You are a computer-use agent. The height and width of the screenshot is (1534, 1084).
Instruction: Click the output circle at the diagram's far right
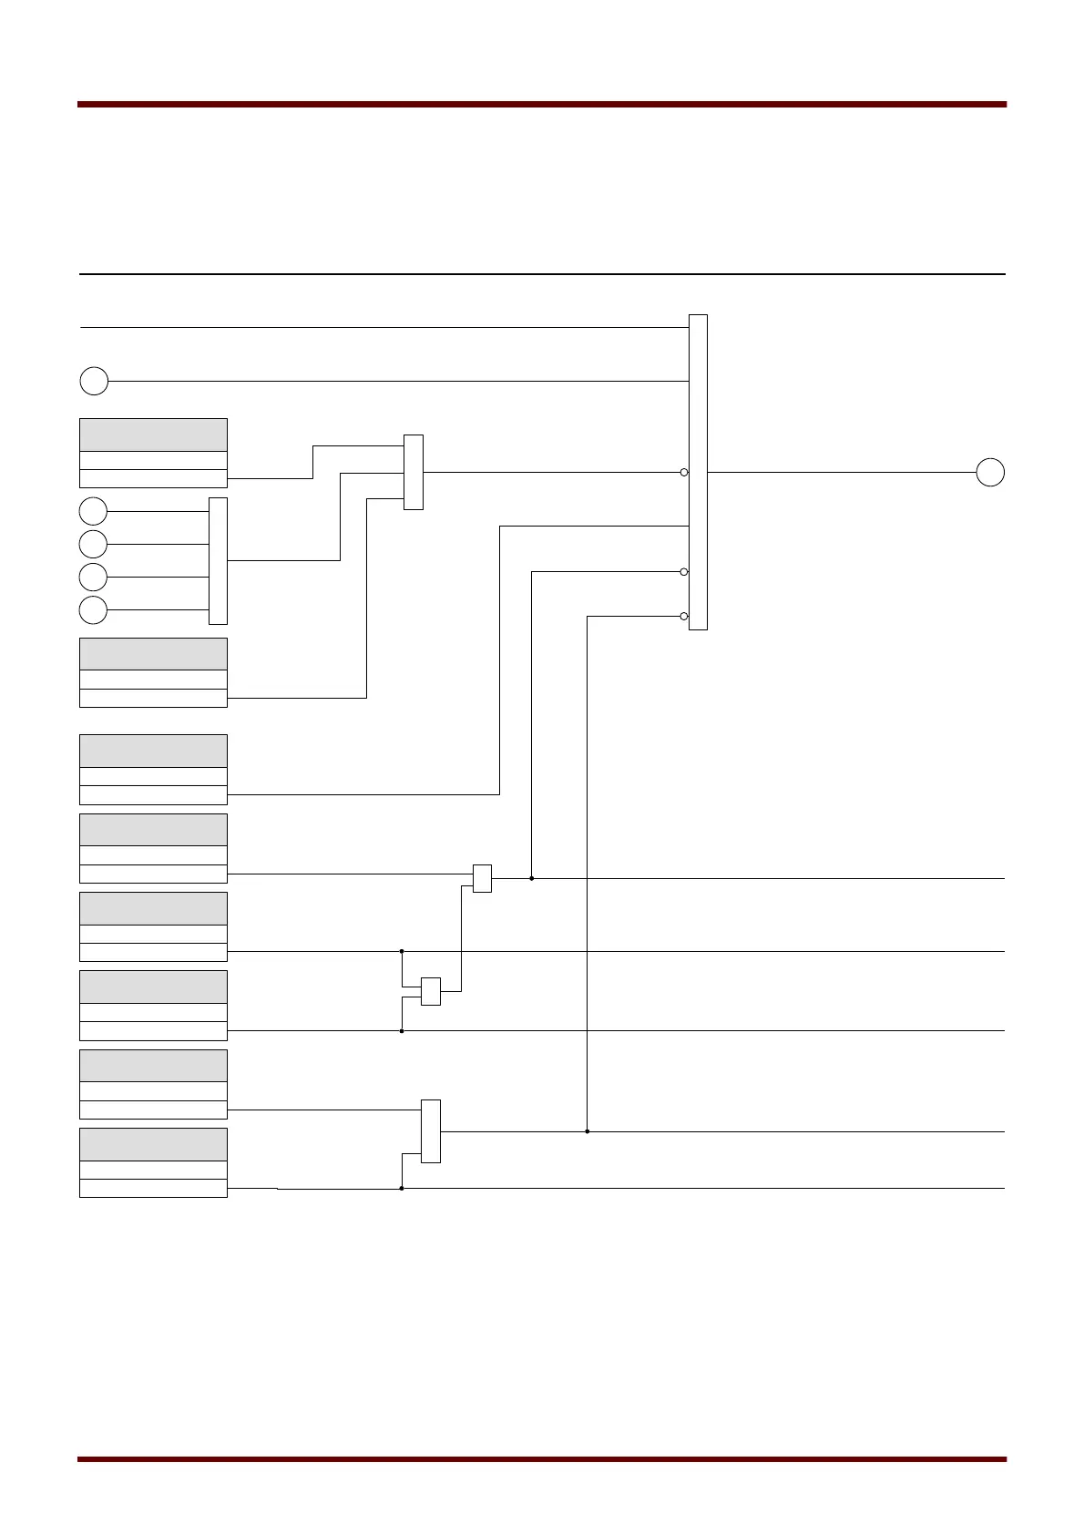coord(990,473)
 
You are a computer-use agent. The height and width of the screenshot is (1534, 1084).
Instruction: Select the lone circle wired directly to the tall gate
coord(94,381)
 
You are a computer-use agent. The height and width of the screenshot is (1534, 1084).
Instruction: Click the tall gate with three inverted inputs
coord(698,472)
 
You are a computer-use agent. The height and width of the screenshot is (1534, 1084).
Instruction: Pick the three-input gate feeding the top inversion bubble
coord(414,472)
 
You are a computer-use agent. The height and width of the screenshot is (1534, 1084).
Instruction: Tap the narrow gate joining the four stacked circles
coord(218,560)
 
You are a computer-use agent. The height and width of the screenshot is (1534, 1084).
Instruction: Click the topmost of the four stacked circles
coord(93,511)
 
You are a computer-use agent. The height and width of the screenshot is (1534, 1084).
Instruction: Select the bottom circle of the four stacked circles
coord(93,609)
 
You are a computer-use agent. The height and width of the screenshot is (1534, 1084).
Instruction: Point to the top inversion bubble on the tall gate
coord(684,472)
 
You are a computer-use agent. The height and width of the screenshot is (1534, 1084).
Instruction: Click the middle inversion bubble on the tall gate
coord(684,572)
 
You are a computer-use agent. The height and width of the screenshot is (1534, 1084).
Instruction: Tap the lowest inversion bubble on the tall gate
coord(684,617)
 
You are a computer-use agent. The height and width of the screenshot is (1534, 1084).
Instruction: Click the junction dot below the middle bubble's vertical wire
coord(532,878)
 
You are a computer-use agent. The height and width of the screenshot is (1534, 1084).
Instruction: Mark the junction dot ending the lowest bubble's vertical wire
coord(588,1131)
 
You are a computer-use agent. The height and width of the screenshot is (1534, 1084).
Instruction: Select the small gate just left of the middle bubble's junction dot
coord(482,878)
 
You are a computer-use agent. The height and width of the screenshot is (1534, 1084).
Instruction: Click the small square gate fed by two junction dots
coord(431,991)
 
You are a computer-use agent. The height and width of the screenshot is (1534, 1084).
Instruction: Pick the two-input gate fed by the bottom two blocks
coord(431,1131)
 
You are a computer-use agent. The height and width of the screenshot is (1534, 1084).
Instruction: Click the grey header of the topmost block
coord(153,435)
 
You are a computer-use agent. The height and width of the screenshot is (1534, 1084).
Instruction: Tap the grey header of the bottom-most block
coord(153,1144)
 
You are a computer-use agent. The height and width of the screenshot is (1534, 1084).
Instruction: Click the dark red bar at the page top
coord(542,105)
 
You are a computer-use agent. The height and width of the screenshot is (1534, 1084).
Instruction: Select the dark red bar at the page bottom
coord(542,1459)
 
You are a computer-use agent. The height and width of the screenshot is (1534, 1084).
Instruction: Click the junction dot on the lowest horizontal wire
coord(402,1188)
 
